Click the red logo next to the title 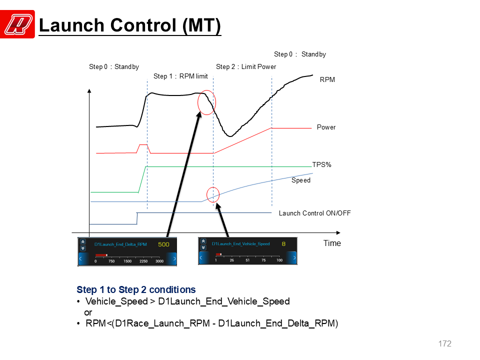coord(17,24)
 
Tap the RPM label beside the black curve coord(327,79)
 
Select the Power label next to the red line coord(326,127)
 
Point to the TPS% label coord(321,164)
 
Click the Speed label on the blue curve coord(301,180)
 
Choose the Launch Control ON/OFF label coord(314,213)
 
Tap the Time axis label coord(332,243)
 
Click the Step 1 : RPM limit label coord(180,76)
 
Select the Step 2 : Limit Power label coord(246,66)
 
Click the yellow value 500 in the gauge coord(163,244)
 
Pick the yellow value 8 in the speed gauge coord(283,243)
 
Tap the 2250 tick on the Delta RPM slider coord(143,261)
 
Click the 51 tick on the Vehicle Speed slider coord(247,260)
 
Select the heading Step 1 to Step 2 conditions coord(136,289)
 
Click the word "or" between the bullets coord(88,312)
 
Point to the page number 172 coord(445,343)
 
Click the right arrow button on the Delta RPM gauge coord(173,258)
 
